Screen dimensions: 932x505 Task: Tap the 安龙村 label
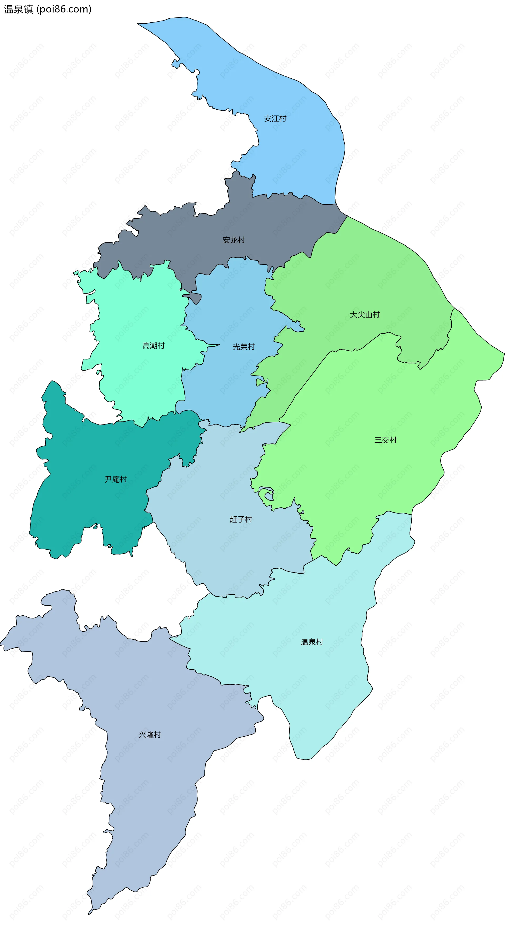(234, 240)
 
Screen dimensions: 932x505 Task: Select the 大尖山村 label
(365, 315)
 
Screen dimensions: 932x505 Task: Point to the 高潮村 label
(153, 346)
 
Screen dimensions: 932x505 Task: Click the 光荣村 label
(244, 347)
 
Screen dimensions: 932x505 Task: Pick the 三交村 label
(386, 440)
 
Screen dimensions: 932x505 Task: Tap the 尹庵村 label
(116, 479)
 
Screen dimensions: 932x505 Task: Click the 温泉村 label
(312, 642)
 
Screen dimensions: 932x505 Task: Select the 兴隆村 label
(150, 735)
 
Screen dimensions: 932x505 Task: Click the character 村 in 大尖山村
(376, 315)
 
